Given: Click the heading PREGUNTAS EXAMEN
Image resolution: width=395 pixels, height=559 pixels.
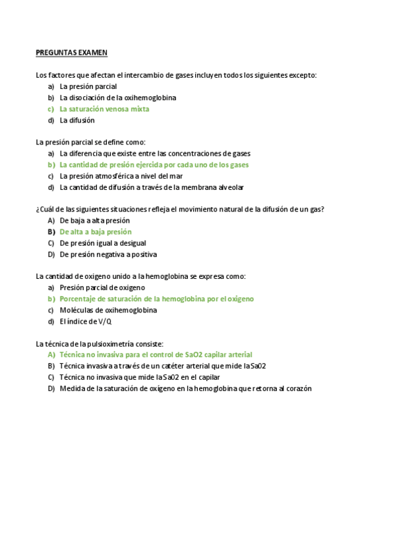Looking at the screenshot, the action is (72, 53).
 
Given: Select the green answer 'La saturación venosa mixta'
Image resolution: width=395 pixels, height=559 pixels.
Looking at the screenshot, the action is (104, 109).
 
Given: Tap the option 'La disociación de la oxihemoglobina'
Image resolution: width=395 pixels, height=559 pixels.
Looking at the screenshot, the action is (117, 98).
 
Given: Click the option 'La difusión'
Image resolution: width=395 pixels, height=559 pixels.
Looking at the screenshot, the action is (77, 120).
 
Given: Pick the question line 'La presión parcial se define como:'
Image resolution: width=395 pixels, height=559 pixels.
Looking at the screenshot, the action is (90, 142).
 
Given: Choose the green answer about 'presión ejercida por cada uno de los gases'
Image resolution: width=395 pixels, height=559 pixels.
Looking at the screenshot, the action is (154, 165).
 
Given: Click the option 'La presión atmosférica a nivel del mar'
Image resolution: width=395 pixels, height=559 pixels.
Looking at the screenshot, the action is (121, 176).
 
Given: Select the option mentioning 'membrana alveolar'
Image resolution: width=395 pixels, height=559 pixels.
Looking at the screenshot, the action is (151, 187).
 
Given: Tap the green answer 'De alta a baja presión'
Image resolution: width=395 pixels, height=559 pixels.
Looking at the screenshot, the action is (95, 232).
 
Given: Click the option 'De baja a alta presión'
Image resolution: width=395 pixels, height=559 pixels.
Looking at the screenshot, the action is (94, 221).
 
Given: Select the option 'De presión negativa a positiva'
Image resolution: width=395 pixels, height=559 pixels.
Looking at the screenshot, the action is (108, 254).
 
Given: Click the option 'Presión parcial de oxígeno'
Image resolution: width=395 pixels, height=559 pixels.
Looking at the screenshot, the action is (102, 288).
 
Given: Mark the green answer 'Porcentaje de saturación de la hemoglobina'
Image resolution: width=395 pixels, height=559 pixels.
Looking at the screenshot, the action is (156, 299).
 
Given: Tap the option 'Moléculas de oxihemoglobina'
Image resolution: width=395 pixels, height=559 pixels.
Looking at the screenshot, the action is (108, 310).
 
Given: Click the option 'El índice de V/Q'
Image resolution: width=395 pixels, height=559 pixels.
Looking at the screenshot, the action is (86, 322).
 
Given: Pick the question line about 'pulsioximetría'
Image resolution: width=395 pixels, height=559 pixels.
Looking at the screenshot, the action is (100, 344).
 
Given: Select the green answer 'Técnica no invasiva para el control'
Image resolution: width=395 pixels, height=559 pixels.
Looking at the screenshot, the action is (156, 355).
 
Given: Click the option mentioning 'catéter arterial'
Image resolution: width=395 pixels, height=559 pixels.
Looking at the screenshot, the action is (162, 366).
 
